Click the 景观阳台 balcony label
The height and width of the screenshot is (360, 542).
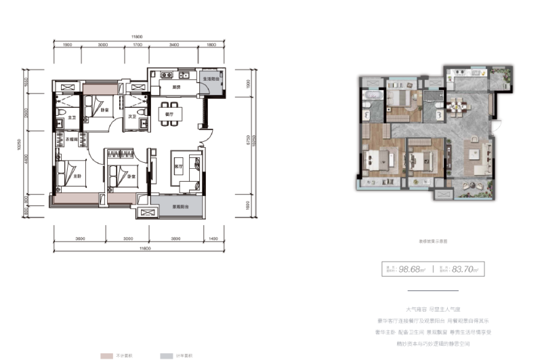pyautogui.click(x=179, y=205)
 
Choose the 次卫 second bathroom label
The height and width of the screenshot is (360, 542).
pyautogui.click(x=133, y=117)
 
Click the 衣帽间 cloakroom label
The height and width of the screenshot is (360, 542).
pyautogui.click(x=71, y=139)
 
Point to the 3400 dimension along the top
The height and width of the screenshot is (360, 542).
pyautogui.click(x=174, y=45)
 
